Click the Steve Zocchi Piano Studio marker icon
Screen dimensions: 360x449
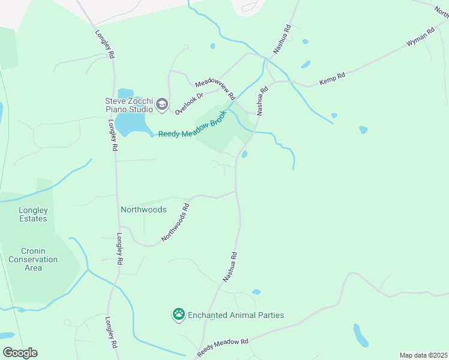tap(161, 105)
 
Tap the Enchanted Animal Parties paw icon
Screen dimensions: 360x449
tap(179, 314)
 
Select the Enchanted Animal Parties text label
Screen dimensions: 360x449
tap(236, 315)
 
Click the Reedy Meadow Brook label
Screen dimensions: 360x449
tap(193, 124)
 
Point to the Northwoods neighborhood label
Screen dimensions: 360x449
tap(143, 210)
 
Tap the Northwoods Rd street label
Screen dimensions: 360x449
tap(175, 223)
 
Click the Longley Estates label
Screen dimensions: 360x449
tap(32, 214)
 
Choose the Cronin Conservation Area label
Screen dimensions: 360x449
tap(33, 259)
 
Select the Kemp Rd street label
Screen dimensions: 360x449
tap(332, 79)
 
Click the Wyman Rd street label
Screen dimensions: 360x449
tap(420, 38)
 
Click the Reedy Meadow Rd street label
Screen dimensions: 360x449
tap(223, 347)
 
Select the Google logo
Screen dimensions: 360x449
tap(20, 353)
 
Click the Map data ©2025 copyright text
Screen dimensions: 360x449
tap(423, 355)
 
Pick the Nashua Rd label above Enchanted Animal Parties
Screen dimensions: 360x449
tap(231, 267)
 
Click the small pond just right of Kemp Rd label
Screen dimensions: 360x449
tap(363, 129)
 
